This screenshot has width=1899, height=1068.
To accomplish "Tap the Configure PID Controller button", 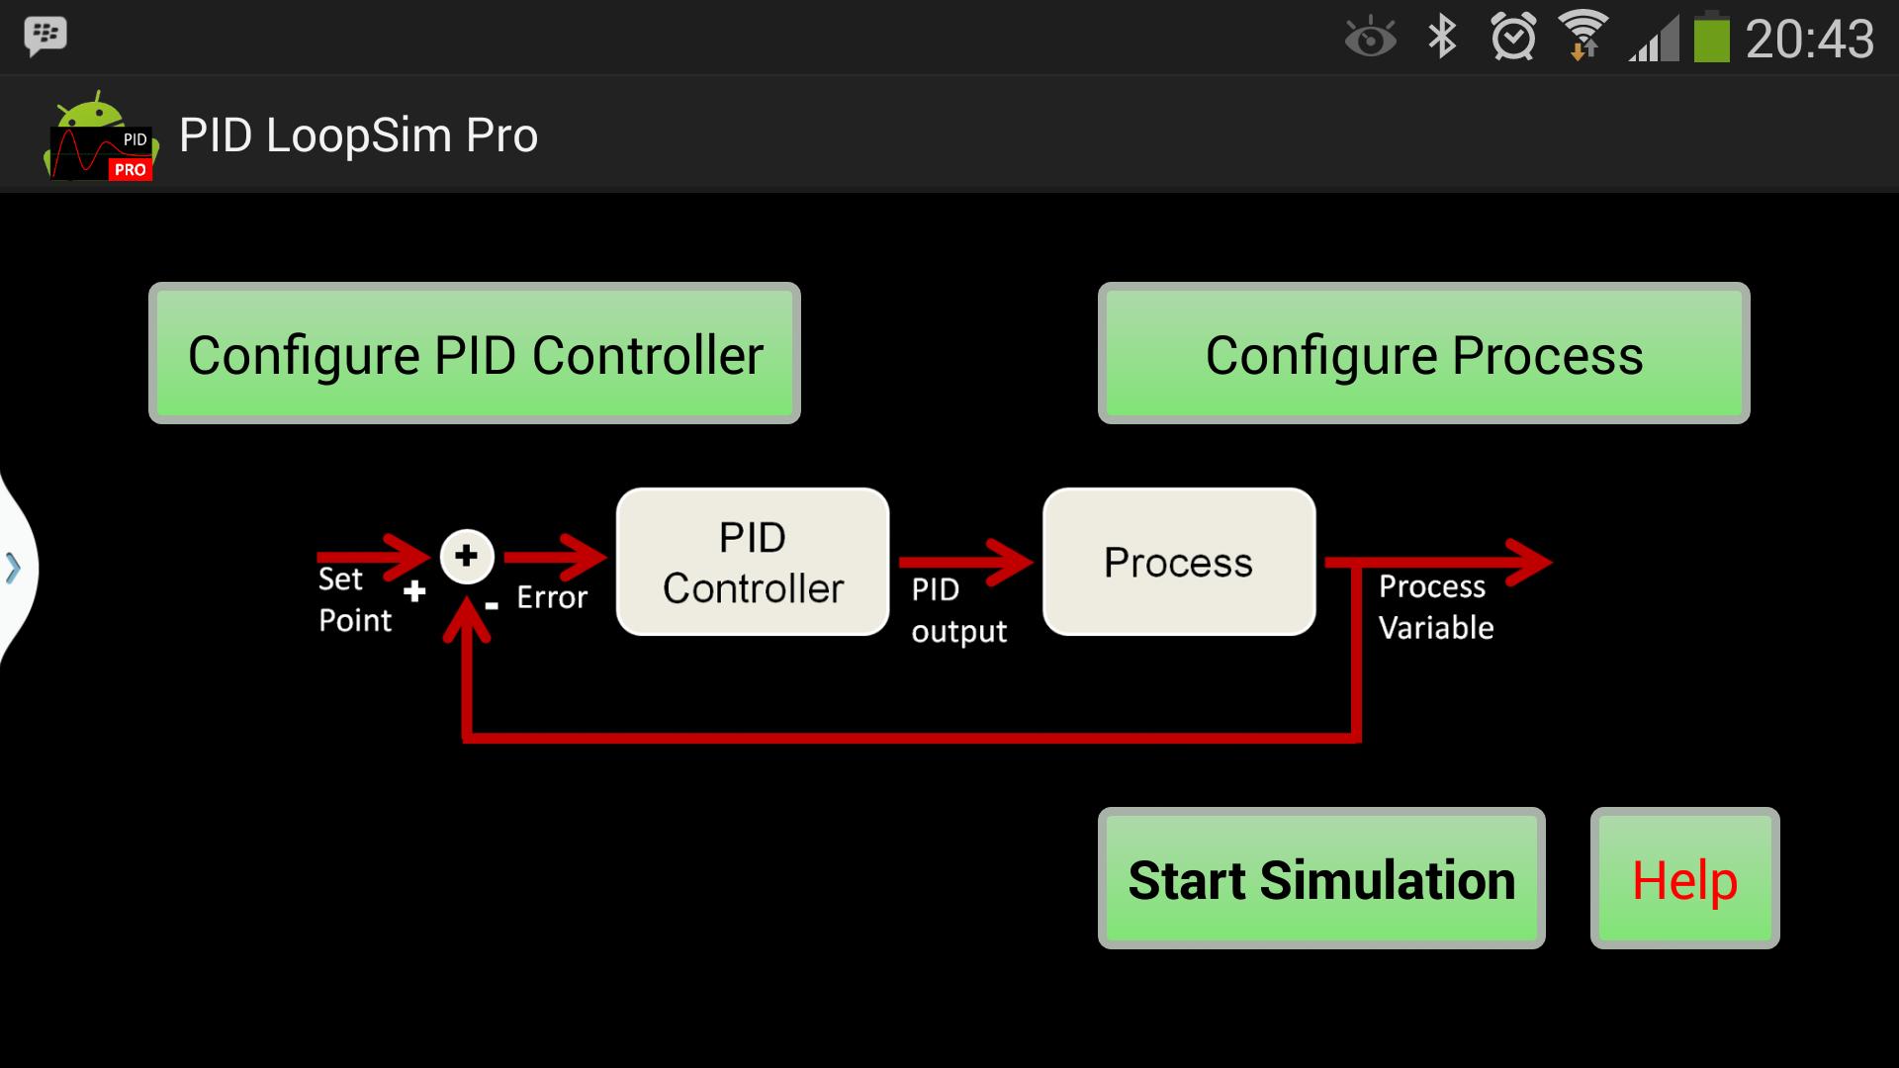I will [475, 354].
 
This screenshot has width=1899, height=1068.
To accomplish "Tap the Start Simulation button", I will [1321, 879].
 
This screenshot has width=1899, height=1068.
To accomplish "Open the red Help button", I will [1684, 879].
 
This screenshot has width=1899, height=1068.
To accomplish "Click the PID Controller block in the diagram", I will [753, 562].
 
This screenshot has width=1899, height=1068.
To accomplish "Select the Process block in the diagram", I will [1179, 562].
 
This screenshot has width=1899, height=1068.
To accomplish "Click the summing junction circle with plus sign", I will [467, 556].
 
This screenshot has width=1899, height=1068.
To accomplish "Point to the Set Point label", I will [353, 599].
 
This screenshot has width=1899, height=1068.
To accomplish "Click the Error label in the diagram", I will [552, 597].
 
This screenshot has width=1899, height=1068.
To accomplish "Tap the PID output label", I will [957, 610].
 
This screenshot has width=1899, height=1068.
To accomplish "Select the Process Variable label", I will [1435, 606].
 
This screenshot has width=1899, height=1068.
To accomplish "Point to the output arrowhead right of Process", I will [1528, 562].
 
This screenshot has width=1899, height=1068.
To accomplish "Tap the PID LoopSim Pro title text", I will [358, 135].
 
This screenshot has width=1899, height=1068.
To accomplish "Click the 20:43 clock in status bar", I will [1809, 40].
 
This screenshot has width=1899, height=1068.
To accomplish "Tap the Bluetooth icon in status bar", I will [1442, 38].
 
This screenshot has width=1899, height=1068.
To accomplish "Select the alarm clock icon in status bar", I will [1513, 38].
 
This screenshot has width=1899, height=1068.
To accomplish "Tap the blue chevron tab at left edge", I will [14, 569].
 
